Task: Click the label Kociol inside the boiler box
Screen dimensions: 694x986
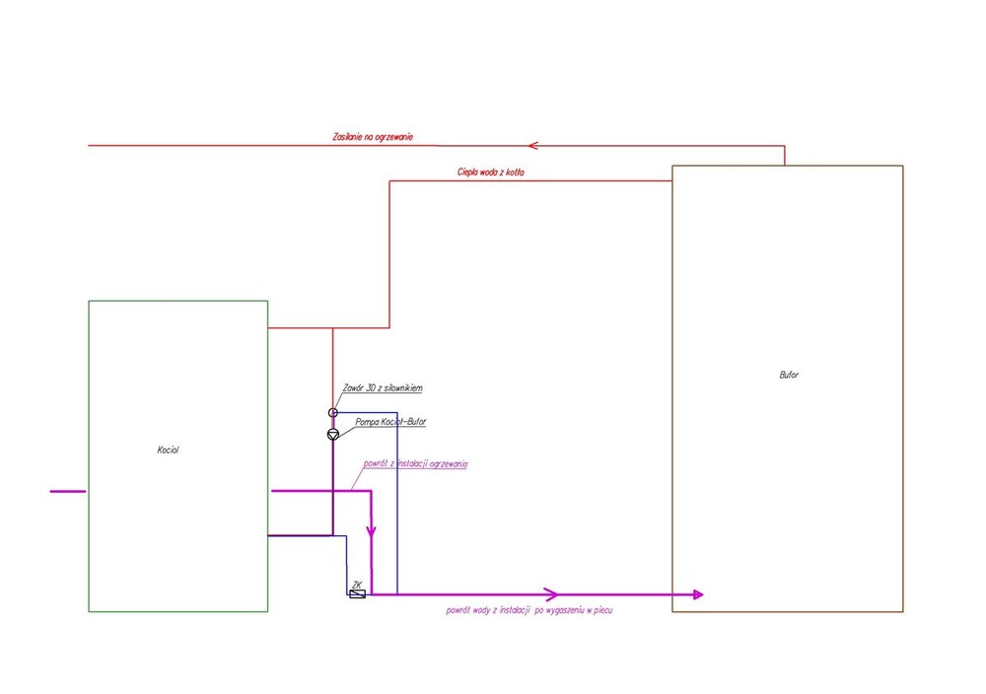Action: point(168,450)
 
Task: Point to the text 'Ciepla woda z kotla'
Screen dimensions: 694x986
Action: point(490,173)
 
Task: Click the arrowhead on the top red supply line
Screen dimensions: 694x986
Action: point(532,146)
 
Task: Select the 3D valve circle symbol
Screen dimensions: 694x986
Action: point(333,412)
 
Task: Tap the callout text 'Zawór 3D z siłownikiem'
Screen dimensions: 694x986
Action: point(383,388)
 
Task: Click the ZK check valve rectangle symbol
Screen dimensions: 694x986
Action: point(357,594)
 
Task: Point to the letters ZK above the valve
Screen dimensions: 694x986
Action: point(357,585)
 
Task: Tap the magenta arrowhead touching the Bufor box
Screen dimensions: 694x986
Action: point(698,594)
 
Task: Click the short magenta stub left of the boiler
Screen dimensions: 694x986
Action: point(66,490)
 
